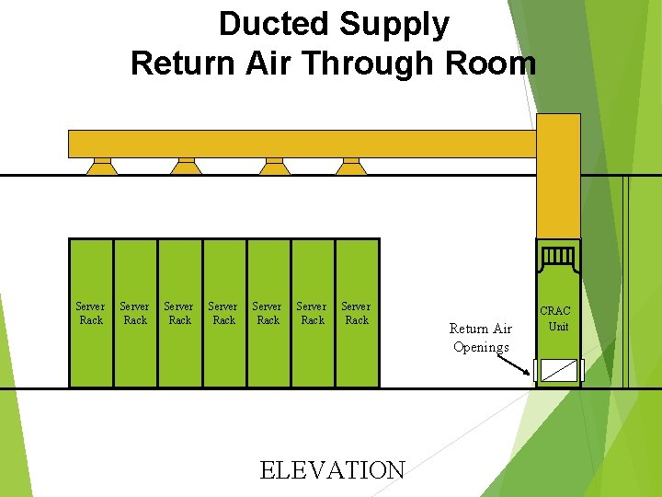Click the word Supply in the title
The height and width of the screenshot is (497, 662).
[396, 24]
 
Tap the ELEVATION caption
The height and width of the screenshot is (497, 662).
[332, 470]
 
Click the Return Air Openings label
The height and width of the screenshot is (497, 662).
[481, 338]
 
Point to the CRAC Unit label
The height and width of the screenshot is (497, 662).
[555, 318]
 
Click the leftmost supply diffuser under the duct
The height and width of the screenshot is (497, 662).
[102, 167]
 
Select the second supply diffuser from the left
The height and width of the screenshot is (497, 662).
[187, 167]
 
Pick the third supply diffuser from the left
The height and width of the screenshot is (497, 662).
[273, 167]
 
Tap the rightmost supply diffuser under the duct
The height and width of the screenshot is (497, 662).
[351, 167]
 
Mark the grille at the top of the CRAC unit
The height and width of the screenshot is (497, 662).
[558, 255]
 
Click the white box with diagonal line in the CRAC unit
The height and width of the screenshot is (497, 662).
[558, 370]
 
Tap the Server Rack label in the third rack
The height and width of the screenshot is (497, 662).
[179, 313]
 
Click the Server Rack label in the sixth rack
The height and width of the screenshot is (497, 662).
[312, 313]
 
